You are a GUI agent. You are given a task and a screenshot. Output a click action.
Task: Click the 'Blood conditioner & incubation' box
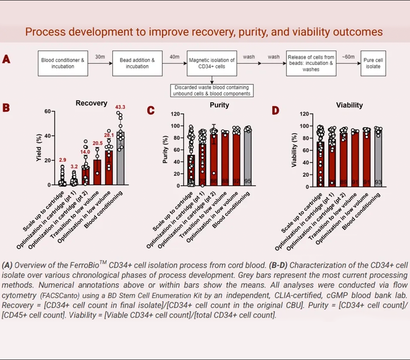click(x=63, y=63)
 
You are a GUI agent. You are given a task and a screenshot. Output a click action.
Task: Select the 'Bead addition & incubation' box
click(x=137, y=63)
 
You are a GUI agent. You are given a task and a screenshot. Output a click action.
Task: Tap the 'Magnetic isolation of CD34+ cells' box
click(x=212, y=63)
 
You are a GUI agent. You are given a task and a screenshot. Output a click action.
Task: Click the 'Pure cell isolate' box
click(x=373, y=63)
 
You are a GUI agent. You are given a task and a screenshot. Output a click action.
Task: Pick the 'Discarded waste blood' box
click(x=212, y=91)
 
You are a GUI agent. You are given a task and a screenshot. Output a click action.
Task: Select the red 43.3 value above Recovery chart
click(x=120, y=107)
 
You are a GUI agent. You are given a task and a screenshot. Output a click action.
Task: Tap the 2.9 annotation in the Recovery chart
click(x=62, y=160)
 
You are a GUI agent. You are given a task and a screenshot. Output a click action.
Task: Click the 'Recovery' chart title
click(x=92, y=103)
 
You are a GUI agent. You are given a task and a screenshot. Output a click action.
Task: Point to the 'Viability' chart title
click(x=349, y=105)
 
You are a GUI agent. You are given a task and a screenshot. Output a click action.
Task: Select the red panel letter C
click(x=150, y=110)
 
